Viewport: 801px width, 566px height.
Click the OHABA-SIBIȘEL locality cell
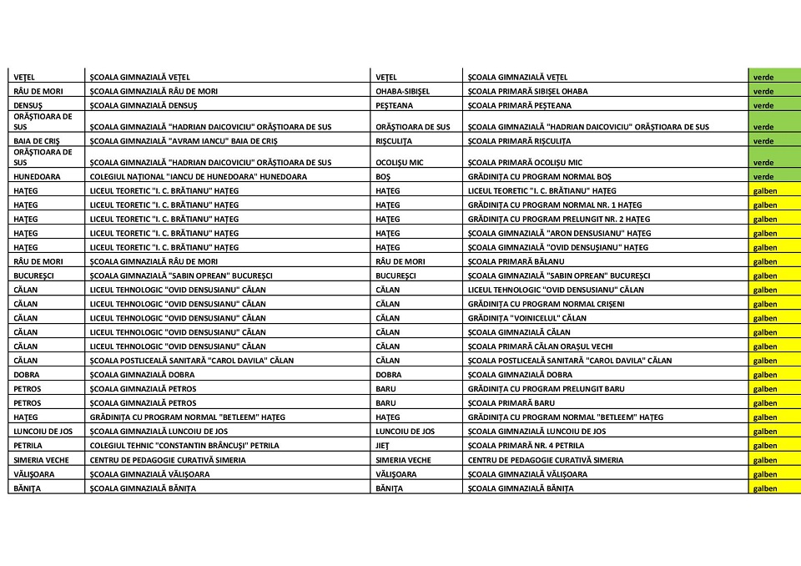(x=403, y=91)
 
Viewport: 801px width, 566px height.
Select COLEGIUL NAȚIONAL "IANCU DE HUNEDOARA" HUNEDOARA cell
(x=198, y=177)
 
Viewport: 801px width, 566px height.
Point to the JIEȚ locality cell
(x=384, y=446)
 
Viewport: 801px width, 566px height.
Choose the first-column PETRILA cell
(x=28, y=446)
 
